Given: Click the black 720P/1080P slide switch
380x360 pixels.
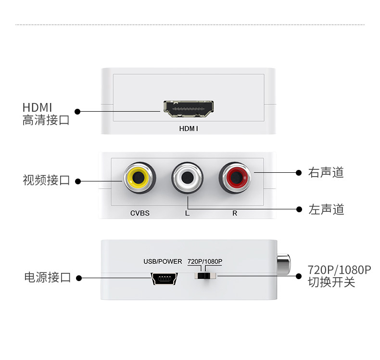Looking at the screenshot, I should pyautogui.click(x=204, y=276).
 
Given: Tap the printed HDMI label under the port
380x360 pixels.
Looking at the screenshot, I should pyautogui.click(x=189, y=129).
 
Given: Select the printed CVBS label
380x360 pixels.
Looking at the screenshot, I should pyautogui.click(x=139, y=213).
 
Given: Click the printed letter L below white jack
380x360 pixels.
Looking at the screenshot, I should pyautogui.click(x=187, y=213).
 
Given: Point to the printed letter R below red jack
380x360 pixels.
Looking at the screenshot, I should pyautogui.click(x=235, y=213).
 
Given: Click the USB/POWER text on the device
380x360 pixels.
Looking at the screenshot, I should pyautogui.click(x=163, y=261).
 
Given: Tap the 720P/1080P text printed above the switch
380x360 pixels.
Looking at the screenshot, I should pyautogui.click(x=205, y=261).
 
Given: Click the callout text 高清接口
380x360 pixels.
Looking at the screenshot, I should pyautogui.click(x=46, y=120).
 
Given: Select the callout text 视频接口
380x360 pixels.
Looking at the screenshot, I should pyautogui.click(x=46, y=180).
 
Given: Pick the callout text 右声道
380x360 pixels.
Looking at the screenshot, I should pyautogui.click(x=326, y=172).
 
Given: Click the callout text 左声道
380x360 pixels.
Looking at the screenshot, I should pyautogui.click(x=326, y=209).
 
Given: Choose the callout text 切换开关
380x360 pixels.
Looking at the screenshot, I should pyautogui.click(x=331, y=282).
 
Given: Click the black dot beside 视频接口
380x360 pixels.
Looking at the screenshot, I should pyautogui.click(x=78, y=181).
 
